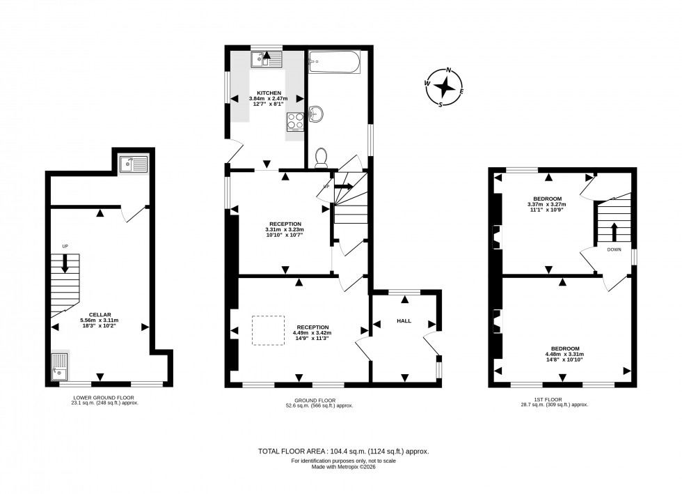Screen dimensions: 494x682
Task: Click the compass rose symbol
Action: coord(444,88)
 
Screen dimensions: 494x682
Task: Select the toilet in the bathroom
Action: coord(321,158)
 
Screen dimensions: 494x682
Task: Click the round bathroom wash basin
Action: coord(317,114)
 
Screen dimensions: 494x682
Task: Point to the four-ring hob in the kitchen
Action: coord(295,123)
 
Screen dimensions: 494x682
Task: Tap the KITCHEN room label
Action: coord(269,93)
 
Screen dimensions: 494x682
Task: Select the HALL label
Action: coord(404,321)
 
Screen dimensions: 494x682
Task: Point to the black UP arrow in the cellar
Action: coord(65,263)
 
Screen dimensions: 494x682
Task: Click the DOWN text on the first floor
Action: coord(614,249)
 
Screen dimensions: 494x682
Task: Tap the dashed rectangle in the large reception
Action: coord(269,330)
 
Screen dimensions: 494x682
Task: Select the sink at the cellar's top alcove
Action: coord(132,164)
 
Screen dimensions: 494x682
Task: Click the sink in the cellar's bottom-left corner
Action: coord(61,364)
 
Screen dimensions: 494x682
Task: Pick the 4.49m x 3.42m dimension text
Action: coord(312,333)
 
